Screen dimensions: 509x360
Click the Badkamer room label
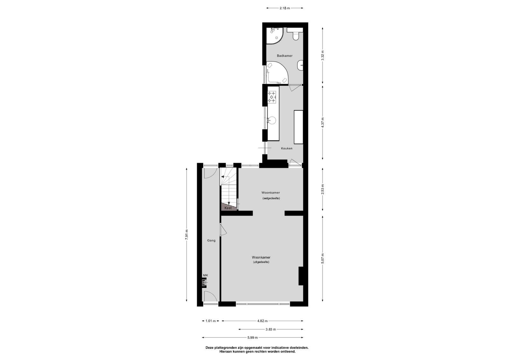[284, 56]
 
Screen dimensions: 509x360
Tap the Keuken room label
[287, 148]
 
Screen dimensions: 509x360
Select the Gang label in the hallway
[211, 240]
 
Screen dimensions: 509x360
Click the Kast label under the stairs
[228, 208]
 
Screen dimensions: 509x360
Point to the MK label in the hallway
[206, 275]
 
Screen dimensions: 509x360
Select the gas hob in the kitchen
[272, 97]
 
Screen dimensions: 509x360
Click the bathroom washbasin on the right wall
[300, 66]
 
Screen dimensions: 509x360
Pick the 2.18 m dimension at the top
[285, 8]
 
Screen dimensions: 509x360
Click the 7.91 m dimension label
[186, 234]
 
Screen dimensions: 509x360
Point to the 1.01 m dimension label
[210, 321]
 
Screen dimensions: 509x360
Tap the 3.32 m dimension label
[323, 55]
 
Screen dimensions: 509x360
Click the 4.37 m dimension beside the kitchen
[323, 123]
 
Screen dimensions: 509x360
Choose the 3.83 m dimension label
[271, 329]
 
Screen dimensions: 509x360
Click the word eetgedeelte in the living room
[271, 198]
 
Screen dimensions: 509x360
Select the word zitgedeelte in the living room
[261, 262]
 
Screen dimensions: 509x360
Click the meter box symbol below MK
[204, 282]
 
